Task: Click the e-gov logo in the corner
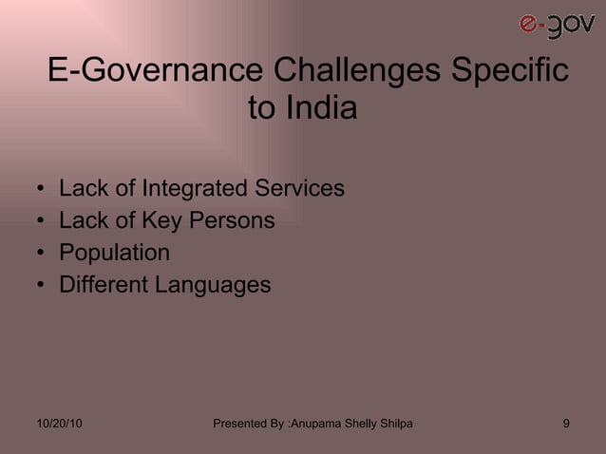pos(557,26)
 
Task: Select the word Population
pos(114,253)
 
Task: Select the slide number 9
pos(566,423)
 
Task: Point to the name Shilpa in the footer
pos(394,423)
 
